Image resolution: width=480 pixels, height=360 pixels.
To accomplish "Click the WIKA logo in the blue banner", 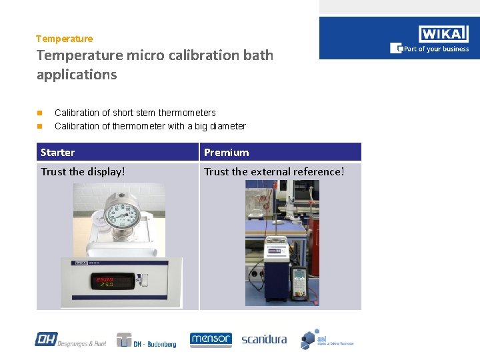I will click(x=444, y=34).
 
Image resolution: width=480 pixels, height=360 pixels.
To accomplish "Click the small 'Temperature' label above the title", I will click(x=65, y=39).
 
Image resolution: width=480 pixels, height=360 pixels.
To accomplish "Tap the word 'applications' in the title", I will click(x=77, y=75).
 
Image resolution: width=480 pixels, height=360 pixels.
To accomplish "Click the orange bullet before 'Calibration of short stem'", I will click(x=40, y=113).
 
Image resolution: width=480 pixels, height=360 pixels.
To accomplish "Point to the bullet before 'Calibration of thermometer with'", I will click(x=40, y=126).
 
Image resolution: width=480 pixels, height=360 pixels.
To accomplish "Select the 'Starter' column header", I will click(x=58, y=153).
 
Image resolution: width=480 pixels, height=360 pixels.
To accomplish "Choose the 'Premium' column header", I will click(x=226, y=153).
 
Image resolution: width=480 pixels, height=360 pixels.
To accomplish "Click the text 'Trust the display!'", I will click(x=83, y=172).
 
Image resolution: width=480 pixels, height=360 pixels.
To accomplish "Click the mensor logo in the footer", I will click(x=211, y=339).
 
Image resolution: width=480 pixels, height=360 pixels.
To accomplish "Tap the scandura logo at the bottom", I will click(x=264, y=339).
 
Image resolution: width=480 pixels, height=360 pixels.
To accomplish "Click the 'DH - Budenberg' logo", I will click(x=147, y=340).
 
